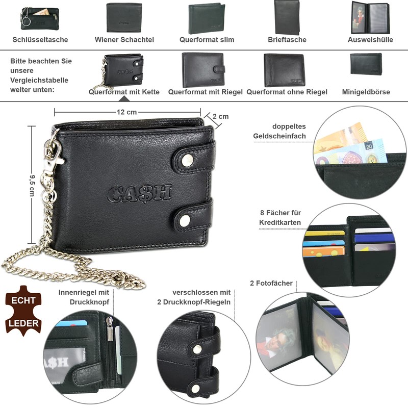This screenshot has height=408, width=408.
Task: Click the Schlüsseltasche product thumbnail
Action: [x=40, y=18]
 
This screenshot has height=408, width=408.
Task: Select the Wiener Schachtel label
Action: [x=124, y=40]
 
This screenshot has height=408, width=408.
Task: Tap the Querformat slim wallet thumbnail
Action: [x=207, y=19]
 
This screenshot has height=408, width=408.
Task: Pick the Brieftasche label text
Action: [x=287, y=40]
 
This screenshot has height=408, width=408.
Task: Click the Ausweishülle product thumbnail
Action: [x=370, y=18]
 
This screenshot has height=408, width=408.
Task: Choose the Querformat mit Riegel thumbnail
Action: [x=203, y=70]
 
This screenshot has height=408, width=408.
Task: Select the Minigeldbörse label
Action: [x=366, y=92]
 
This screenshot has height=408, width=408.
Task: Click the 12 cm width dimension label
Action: [x=126, y=112]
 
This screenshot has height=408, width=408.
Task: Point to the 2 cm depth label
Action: [x=221, y=116]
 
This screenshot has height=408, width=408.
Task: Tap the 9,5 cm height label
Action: [x=32, y=186]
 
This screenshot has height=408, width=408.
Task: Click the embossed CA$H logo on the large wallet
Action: [x=139, y=193]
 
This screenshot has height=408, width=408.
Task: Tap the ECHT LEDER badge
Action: [x=23, y=311]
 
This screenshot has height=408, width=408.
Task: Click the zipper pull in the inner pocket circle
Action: [x=109, y=328]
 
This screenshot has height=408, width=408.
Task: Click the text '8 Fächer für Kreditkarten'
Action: [x=280, y=218]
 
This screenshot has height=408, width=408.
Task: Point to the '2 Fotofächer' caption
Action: [x=271, y=283]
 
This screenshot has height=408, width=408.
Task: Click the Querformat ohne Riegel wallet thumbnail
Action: [x=284, y=70]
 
